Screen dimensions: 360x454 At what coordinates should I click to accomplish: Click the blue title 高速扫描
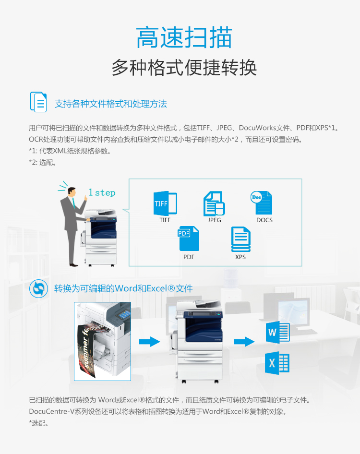pyautogui.click(x=184, y=37)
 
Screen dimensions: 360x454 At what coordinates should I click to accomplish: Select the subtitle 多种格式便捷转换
pyautogui.click(x=184, y=68)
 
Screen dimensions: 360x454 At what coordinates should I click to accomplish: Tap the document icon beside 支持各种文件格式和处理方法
pyautogui.click(x=38, y=102)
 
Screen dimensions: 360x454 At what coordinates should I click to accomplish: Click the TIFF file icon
pyautogui.click(x=165, y=203)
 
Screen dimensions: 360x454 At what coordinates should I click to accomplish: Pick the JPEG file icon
pyautogui.click(x=215, y=203)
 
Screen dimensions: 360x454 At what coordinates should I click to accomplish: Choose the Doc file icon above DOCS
pyautogui.click(x=261, y=203)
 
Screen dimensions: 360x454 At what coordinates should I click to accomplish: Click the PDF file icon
pyautogui.click(x=189, y=239)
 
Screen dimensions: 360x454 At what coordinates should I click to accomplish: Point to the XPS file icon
pyautogui.click(x=240, y=239)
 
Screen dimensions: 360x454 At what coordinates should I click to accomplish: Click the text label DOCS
pyautogui.click(x=264, y=220)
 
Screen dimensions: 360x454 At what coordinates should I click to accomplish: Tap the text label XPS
pyautogui.click(x=240, y=257)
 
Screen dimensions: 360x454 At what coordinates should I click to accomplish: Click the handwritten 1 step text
pyautogui.click(x=102, y=192)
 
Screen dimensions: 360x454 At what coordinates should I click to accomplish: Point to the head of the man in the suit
pyautogui.click(x=72, y=191)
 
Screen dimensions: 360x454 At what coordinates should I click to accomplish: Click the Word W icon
pyautogui.click(x=277, y=332)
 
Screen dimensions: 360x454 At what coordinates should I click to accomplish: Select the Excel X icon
pyautogui.click(x=277, y=363)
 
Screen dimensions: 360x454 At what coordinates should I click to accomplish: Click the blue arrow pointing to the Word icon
pyautogui.click(x=244, y=342)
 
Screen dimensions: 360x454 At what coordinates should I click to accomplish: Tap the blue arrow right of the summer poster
pyautogui.click(x=149, y=342)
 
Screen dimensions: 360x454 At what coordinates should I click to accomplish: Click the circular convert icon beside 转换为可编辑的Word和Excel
pyautogui.click(x=38, y=289)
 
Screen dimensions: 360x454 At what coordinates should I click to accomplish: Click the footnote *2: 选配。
pyautogui.click(x=42, y=162)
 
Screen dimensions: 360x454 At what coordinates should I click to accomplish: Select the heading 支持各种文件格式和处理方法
pyautogui.click(x=110, y=104)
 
